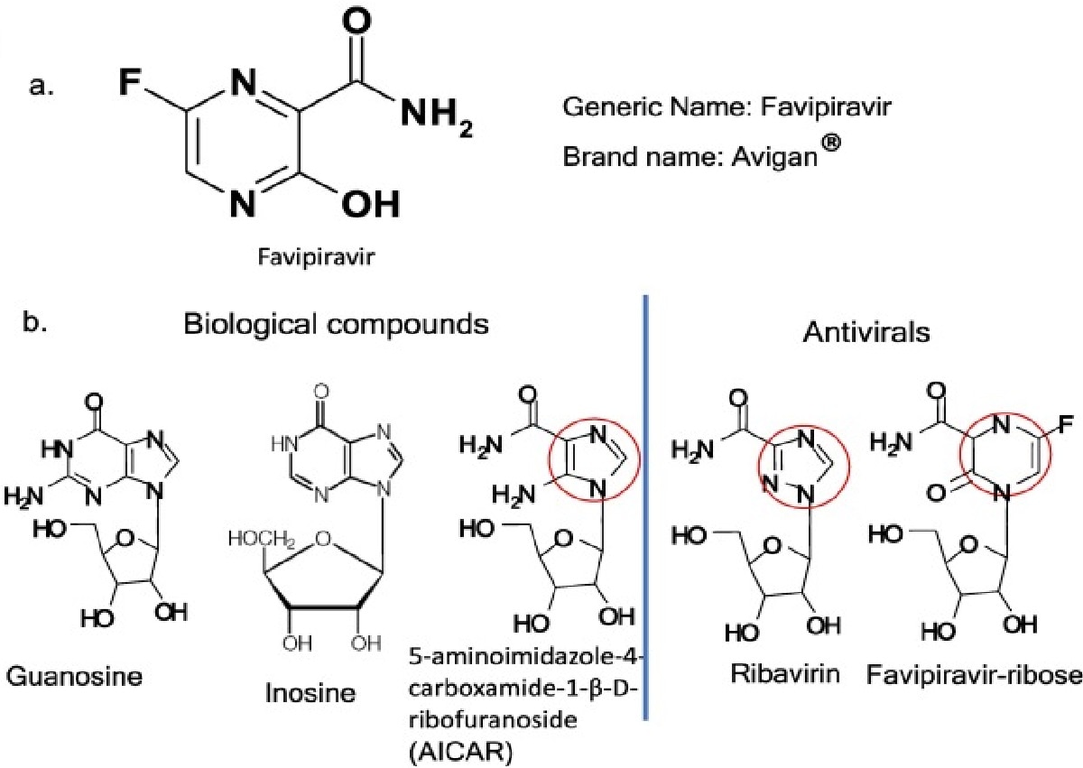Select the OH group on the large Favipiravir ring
coord(370,204)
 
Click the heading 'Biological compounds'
coord(336,325)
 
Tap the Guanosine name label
coord(75,676)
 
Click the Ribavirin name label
coord(767,672)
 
